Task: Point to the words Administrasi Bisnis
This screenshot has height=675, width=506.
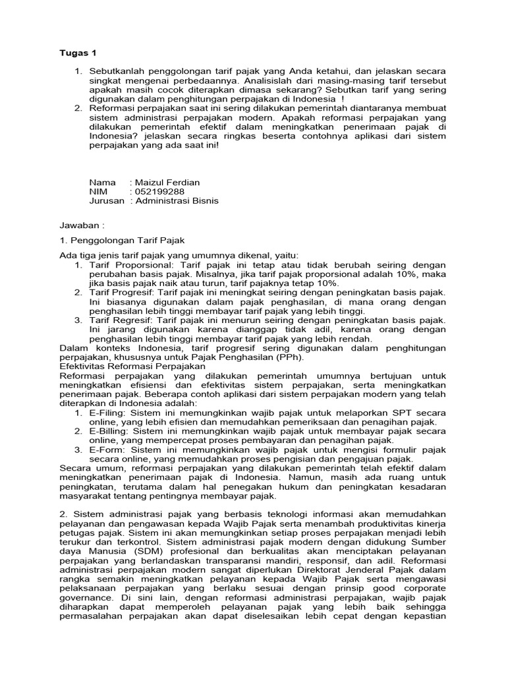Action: [x=177, y=201]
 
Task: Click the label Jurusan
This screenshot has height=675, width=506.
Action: [x=107, y=201]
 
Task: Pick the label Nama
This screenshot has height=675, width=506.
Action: [x=102, y=182]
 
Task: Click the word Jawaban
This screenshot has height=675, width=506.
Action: [x=80, y=225]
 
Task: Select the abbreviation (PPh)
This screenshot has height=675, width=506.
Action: [x=291, y=357]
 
